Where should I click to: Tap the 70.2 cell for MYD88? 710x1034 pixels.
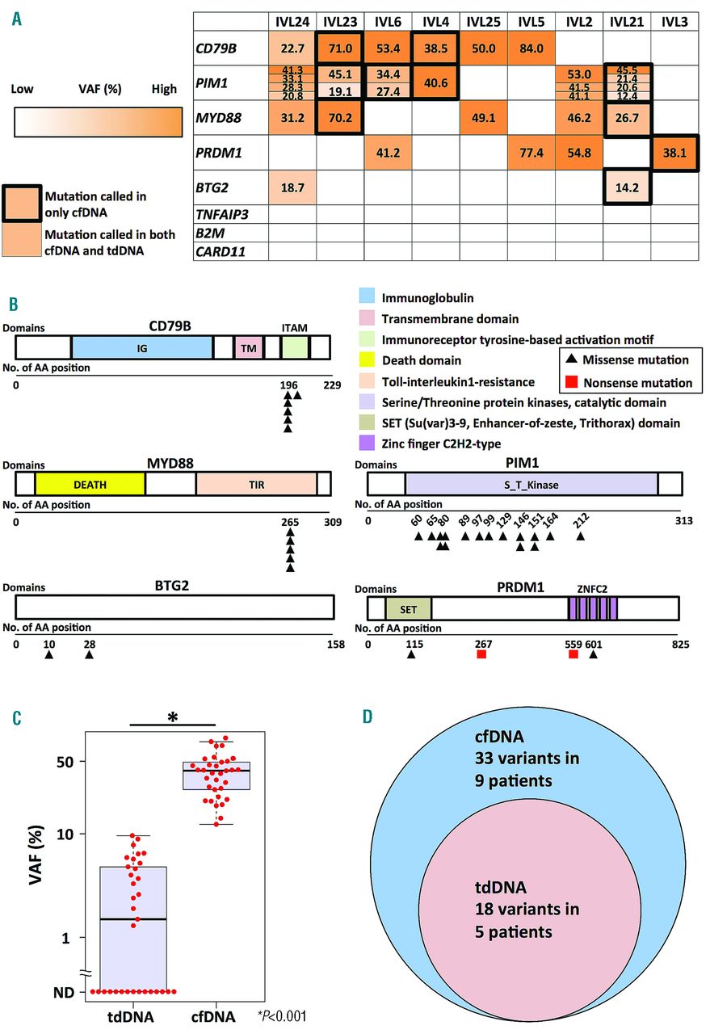(x=340, y=118)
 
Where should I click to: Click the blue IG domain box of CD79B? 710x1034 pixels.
(x=141, y=347)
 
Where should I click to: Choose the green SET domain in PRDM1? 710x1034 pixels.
(x=408, y=608)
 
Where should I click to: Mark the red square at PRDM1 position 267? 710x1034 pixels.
(x=481, y=655)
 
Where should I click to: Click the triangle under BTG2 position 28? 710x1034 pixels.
(x=90, y=655)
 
